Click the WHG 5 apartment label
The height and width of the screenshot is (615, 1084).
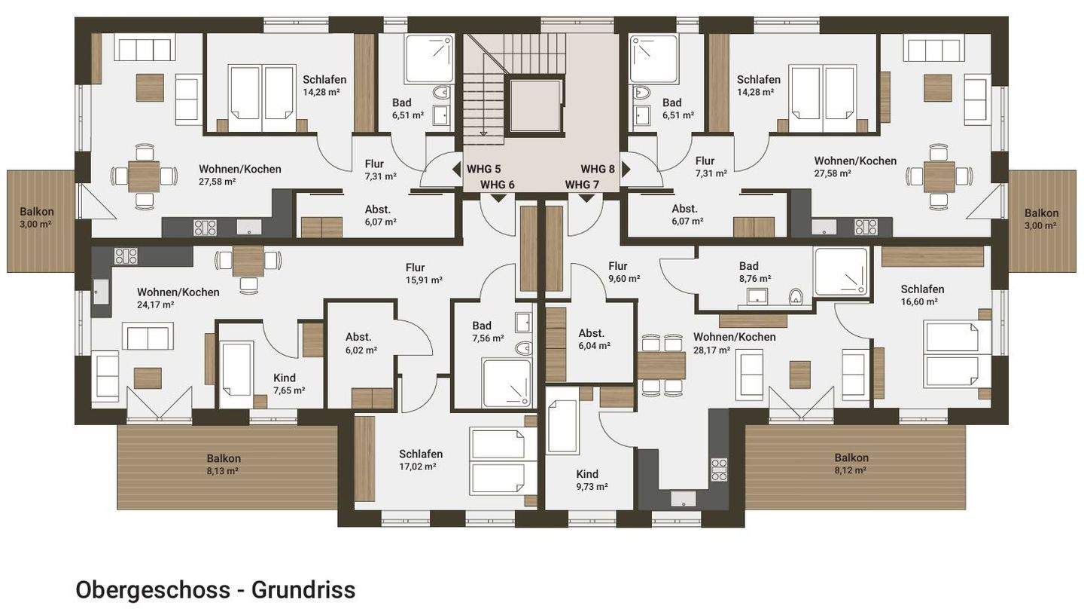tap(483, 169)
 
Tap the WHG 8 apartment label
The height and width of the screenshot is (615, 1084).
tap(598, 169)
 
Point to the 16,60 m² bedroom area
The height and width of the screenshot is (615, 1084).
tap(922, 301)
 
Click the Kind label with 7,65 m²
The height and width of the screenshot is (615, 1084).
tap(285, 378)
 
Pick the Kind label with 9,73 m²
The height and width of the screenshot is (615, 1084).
tap(587, 474)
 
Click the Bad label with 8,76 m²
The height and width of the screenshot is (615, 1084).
tap(749, 265)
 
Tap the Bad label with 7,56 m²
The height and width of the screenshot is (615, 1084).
tap(482, 326)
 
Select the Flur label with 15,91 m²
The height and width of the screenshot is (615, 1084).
tap(416, 267)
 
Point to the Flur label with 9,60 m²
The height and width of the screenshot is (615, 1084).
tap(618, 265)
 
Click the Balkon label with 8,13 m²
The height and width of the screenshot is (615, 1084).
tap(224, 458)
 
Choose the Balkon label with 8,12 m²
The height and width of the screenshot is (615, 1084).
tap(851, 457)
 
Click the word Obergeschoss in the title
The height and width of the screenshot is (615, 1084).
tap(152, 589)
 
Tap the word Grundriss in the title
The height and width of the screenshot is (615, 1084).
tap(303, 589)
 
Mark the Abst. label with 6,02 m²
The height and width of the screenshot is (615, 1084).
tap(359, 337)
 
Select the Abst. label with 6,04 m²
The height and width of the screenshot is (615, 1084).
tap(592, 333)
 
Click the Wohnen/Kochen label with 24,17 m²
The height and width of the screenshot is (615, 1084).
tap(178, 292)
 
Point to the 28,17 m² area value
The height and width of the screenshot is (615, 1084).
tap(712, 350)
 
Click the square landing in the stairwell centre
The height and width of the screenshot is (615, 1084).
tap(535, 106)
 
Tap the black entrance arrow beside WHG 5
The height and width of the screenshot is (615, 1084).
tap(456, 170)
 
